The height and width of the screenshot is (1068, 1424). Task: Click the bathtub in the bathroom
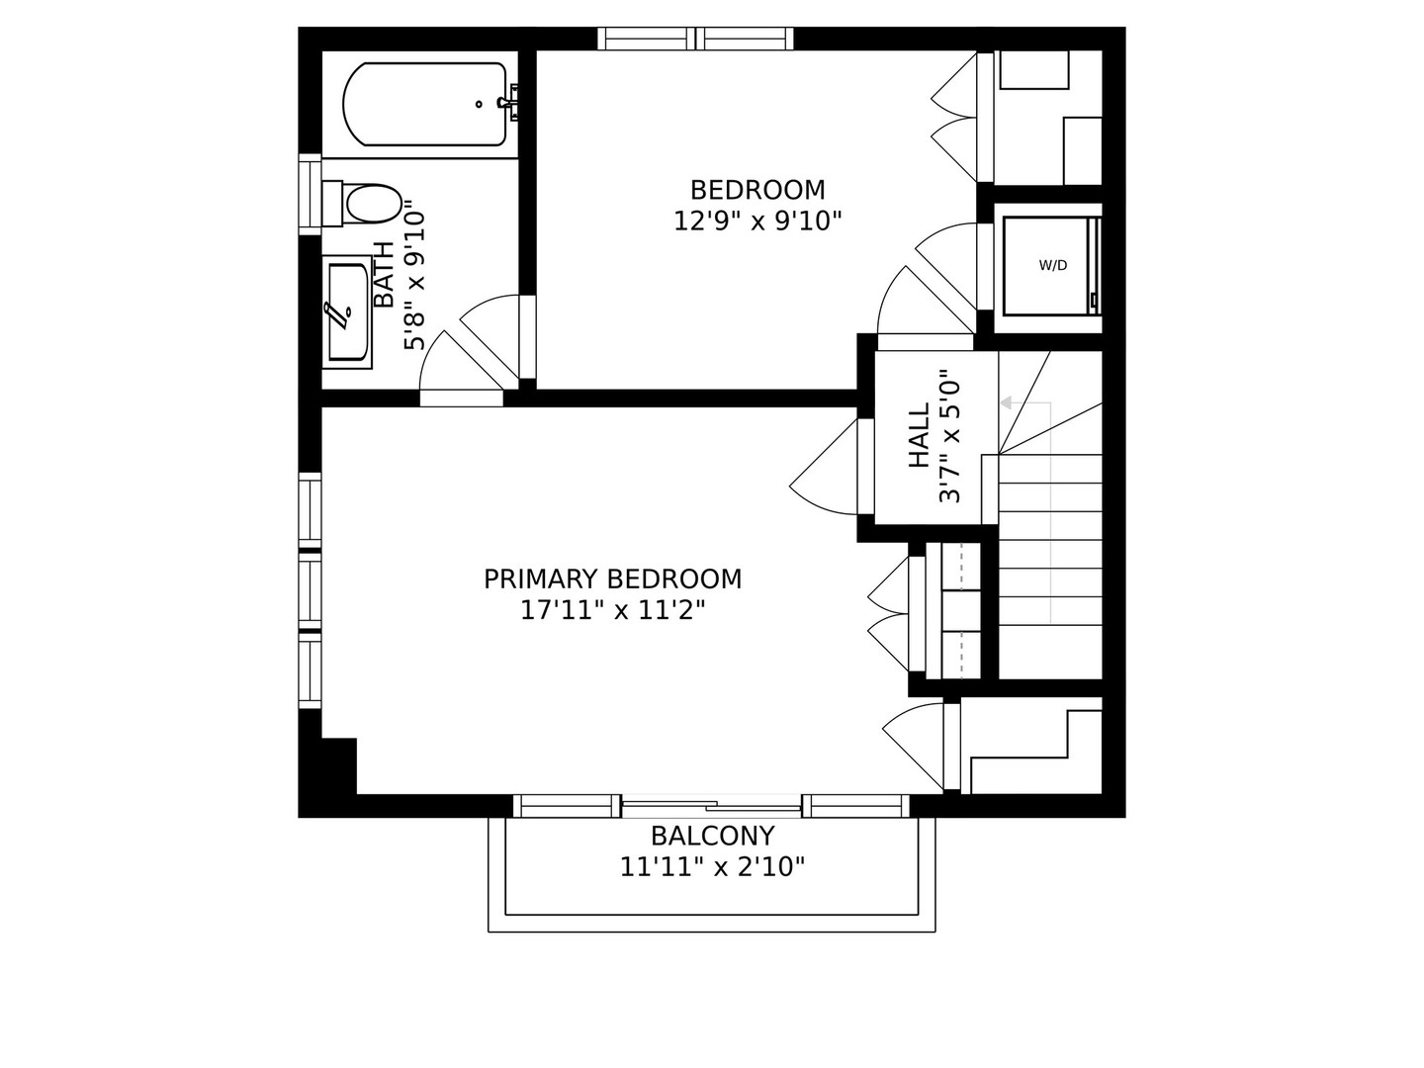pos(425,104)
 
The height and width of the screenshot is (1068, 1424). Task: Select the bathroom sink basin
pos(347,311)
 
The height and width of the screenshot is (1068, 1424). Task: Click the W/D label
pos(1052,265)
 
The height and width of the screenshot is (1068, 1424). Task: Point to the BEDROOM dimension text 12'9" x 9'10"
pos(756,221)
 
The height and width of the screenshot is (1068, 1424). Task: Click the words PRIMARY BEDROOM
pos(612,578)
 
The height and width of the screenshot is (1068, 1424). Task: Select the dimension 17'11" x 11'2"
pos(612,611)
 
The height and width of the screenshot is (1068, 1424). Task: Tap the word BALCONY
pos(711,836)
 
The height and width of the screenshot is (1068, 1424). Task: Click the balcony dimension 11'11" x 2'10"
pos(711,868)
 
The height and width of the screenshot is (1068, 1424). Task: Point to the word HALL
pos(919,436)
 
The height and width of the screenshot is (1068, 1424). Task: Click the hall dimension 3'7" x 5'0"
pos(949,436)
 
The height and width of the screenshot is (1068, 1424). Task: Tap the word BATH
pos(384,275)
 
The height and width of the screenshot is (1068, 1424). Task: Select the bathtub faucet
pos(510,102)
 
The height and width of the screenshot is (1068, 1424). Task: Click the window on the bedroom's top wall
pos(696,39)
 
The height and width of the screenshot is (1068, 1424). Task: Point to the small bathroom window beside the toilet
pos(310,194)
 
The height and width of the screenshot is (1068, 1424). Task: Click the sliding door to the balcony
pos(711,805)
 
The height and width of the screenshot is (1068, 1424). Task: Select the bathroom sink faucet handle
pos(338,313)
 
